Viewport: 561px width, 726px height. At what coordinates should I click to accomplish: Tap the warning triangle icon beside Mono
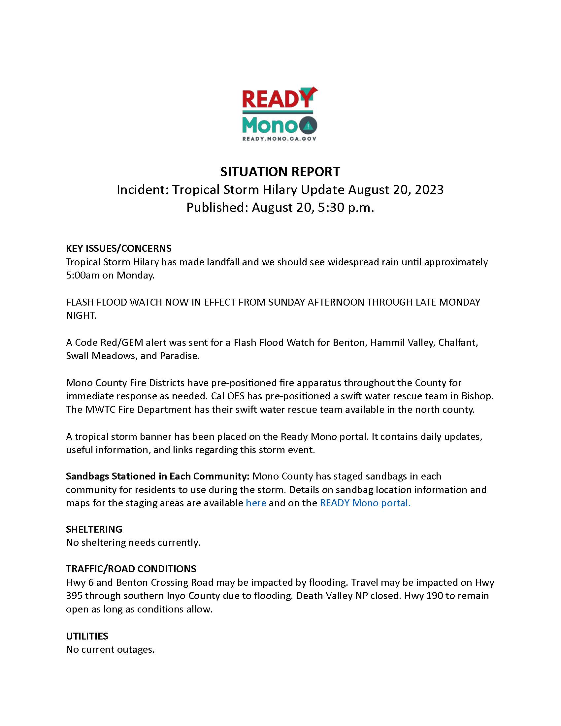coord(309,125)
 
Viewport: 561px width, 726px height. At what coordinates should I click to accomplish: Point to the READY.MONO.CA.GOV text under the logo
coord(279,138)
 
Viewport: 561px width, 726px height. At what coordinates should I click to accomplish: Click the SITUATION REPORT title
coord(280,172)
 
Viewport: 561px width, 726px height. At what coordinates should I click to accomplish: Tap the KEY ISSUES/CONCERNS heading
coord(119,248)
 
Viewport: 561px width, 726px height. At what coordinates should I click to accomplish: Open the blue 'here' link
coord(255,503)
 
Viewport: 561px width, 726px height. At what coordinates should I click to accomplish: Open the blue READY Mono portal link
coord(365,503)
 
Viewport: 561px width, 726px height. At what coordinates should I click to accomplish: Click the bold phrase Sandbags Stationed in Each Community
coord(157,476)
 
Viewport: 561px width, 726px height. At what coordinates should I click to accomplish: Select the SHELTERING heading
coord(94,529)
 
